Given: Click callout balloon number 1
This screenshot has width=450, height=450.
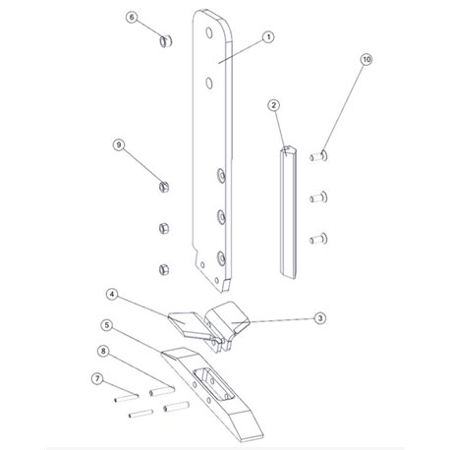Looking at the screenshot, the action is [268, 37].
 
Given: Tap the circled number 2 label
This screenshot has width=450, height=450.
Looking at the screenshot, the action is [274, 105].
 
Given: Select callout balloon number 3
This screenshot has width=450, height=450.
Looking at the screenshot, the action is [320, 318].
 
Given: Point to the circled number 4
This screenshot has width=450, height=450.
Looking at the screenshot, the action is [112, 295].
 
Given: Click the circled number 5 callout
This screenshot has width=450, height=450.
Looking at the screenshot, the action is [107, 325].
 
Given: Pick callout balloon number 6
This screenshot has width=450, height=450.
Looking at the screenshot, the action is [132, 17].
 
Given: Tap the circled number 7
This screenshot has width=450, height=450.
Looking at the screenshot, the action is [97, 379].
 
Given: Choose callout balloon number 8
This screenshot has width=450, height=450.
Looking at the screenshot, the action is [103, 351].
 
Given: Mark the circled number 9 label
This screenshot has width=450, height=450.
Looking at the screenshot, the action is [119, 144].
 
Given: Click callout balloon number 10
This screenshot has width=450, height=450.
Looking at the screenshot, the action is [366, 60].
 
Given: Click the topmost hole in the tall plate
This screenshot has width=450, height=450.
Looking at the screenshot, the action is [209, 32].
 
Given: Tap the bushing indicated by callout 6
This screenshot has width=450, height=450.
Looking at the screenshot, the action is [166, 41].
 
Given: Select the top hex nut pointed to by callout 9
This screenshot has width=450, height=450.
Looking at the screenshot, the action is [164, 187].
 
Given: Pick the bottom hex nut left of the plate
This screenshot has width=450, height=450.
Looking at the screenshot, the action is [164, 269].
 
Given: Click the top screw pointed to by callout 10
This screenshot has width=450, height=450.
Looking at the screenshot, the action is [318, 156].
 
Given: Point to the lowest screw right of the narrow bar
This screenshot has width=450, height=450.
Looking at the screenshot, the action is [318, 239].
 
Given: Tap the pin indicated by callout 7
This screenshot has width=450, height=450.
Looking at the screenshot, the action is [127, 398].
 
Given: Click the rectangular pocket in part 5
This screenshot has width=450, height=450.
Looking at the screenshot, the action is [213, 384].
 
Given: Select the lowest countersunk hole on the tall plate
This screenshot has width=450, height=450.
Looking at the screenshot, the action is [221, 258].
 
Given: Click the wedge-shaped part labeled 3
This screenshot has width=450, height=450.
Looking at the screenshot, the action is [228, 318].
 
